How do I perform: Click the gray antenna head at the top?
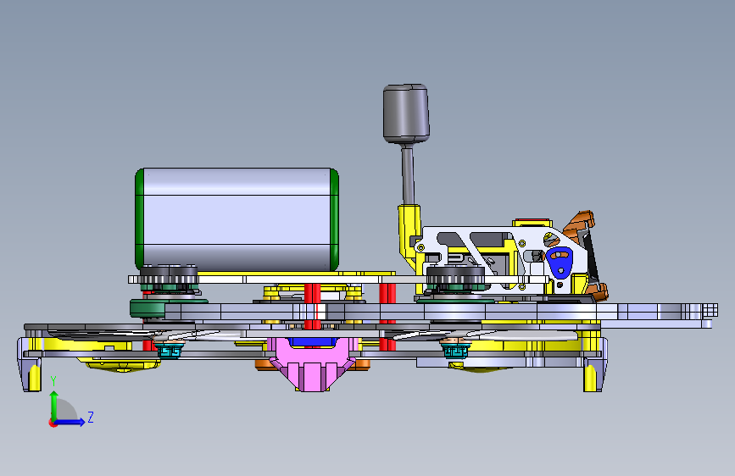point(406,113)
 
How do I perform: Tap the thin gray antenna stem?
point(408,174)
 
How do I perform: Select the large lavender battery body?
point(237,219)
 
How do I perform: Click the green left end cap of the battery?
point(139,219)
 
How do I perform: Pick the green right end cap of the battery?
point(334,219)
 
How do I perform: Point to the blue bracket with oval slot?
point(560,262)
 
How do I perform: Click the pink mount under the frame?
point(311,364)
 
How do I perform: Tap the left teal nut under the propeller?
point(170,351)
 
